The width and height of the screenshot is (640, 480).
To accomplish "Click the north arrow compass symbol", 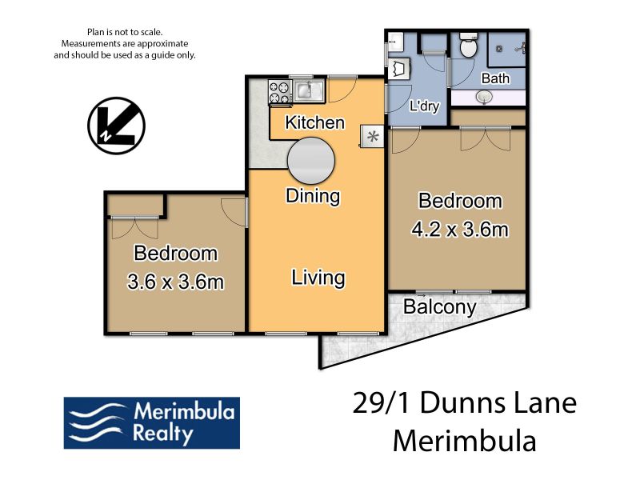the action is pos(116,126).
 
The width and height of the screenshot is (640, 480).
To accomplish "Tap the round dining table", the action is pos(311,161).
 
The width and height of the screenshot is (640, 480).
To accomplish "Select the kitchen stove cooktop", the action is pos(280,92).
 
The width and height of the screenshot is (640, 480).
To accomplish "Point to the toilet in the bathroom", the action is pos(468,45).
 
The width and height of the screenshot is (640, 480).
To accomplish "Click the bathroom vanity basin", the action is pos(485,97).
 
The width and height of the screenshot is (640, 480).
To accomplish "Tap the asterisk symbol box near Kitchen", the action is pos(372,136).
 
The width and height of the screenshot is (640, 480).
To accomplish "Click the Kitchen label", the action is pos(314,122).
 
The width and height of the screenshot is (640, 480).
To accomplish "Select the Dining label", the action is pos(313,196).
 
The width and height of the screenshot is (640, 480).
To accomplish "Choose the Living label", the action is pos(318,278).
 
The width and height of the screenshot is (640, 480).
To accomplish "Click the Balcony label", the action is pos(440,307).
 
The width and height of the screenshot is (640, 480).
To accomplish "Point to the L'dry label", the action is pos(425,106).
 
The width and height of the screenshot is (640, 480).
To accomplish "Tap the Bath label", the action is pos(495,78).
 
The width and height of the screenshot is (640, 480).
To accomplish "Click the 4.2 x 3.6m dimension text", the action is pos(460,230).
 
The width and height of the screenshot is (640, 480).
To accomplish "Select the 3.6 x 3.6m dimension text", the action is pos(175,282).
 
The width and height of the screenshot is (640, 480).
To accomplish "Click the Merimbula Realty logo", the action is pos(152,423).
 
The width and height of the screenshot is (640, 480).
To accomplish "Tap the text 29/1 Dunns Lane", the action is pos(465,403).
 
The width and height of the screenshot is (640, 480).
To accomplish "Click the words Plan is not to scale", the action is pos(125,32).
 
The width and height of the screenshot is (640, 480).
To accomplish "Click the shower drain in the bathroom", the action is pos(499,49).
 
